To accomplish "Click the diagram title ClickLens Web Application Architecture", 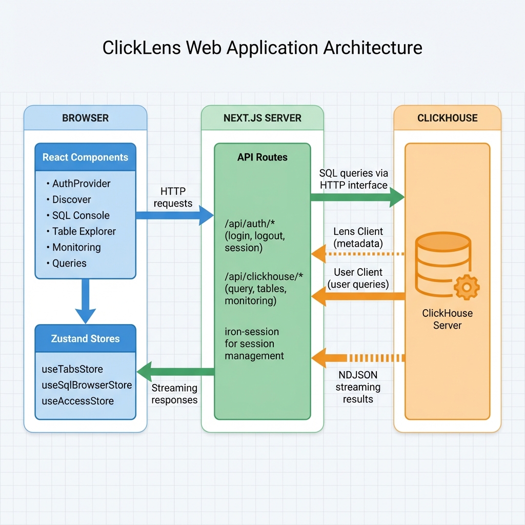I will [262, 48].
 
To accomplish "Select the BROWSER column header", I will [85, 118].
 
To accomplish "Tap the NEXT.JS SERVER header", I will [262, 118].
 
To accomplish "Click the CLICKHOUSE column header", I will [447, 118].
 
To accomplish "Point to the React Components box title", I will [85, 157].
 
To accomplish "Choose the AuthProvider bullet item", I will [81, 184].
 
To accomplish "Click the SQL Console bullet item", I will [80, 215].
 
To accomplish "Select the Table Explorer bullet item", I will [84, 231].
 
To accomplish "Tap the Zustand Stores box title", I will [85, 339].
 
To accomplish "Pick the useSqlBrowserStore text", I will [87, 385].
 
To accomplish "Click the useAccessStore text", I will [77, 401].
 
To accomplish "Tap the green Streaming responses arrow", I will [174, 372].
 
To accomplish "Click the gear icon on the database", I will [467, 287].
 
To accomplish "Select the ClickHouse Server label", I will [447, 319].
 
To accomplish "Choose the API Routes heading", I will [262, 157].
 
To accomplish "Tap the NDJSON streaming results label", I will [358, 387].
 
